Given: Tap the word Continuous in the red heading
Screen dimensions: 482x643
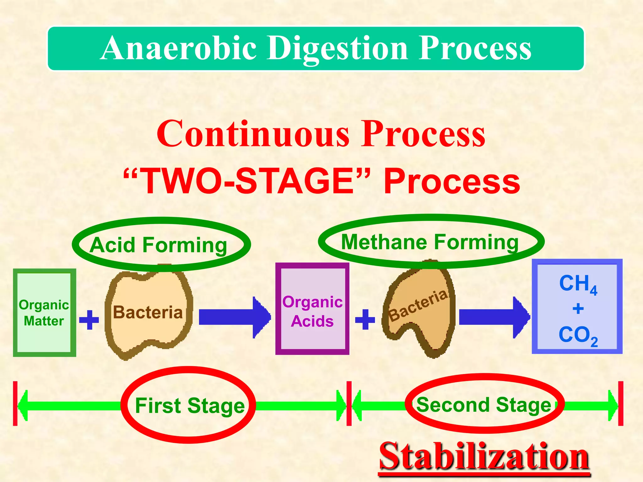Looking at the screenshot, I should point(253,134).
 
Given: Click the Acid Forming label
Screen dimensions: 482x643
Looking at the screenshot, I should point(158,245).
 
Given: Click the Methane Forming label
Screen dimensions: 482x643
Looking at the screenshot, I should point(430,242).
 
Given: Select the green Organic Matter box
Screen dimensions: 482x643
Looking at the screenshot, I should point(44,313).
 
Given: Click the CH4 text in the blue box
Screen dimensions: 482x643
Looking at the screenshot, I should point(578,284).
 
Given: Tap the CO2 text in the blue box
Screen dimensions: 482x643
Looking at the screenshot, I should point(578,336).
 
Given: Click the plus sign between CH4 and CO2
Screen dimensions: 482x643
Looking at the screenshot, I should point(578,309).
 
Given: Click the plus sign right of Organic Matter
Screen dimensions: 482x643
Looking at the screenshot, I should point(89,320).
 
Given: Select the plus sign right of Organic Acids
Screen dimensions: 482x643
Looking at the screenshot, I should point(365,319).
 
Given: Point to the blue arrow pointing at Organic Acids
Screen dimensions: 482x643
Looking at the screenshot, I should point(234,317).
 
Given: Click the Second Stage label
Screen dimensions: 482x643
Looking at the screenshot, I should point(484,404).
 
